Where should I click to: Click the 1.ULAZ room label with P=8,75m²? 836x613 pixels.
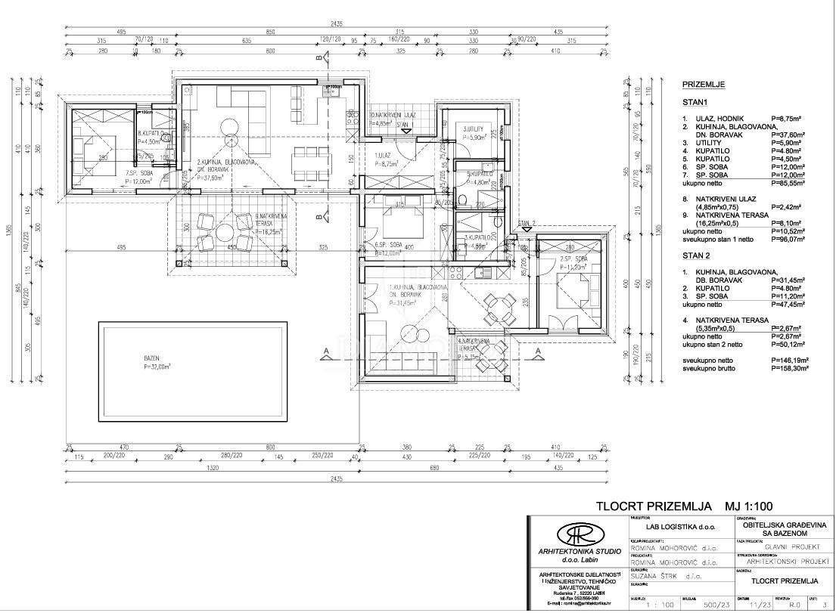click(390, 159)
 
